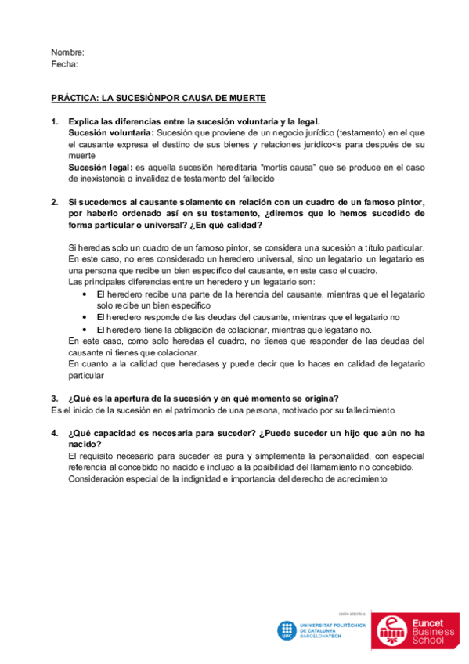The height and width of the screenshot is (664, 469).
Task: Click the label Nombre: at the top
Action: (67, 52)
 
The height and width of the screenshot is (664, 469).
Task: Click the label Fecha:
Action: (64, 63)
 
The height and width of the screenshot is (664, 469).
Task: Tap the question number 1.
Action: (54, 121)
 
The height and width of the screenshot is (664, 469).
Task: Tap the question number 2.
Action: (54, 202)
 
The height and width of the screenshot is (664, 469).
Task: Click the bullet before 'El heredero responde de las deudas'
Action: (85, 317)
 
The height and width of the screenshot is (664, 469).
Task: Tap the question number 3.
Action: (54, 399)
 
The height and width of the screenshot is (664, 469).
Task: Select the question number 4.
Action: (54, 433)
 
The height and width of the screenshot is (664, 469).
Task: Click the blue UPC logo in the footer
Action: (287, 630)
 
